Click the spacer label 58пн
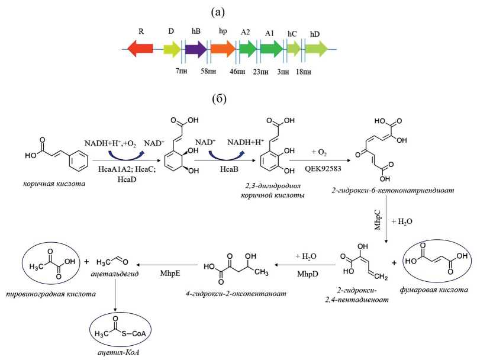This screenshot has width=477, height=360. [208, 72]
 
